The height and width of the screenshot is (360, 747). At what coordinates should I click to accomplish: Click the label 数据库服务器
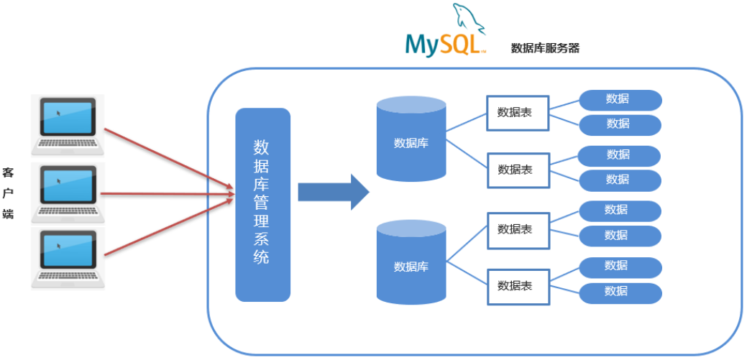545,48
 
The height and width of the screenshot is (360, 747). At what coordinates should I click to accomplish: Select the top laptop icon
68,124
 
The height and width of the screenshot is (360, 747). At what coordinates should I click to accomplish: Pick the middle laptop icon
68,193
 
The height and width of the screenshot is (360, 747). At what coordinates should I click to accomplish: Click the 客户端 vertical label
9,193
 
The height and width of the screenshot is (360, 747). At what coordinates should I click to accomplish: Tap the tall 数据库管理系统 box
262,204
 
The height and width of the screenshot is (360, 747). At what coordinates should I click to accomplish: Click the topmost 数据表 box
517,113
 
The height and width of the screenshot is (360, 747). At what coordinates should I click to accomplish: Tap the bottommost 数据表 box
517,285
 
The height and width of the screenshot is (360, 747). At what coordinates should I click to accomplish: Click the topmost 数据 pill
619,99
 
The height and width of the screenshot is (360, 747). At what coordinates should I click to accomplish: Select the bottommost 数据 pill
619,292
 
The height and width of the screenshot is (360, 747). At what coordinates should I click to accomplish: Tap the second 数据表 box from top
517,170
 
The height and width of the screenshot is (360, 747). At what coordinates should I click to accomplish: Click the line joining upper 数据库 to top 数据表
466,122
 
